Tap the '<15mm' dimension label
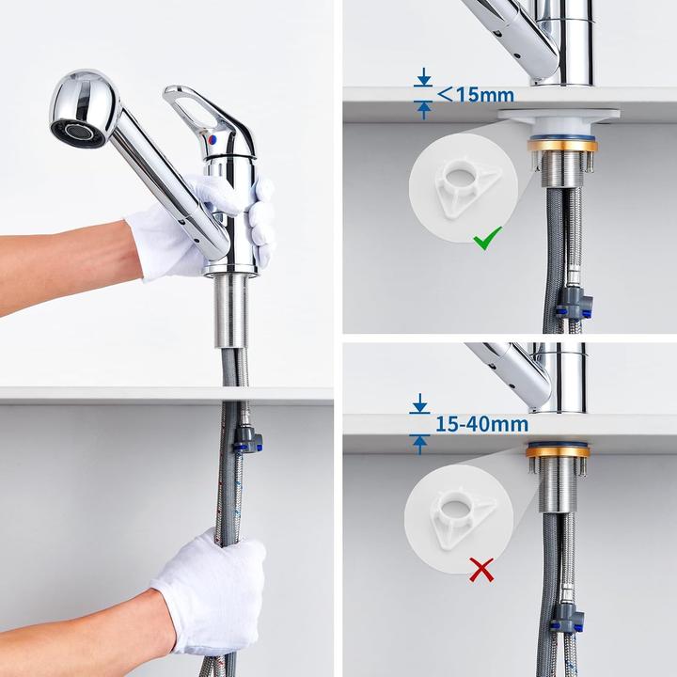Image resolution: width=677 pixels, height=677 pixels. click(x=476, y=94)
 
